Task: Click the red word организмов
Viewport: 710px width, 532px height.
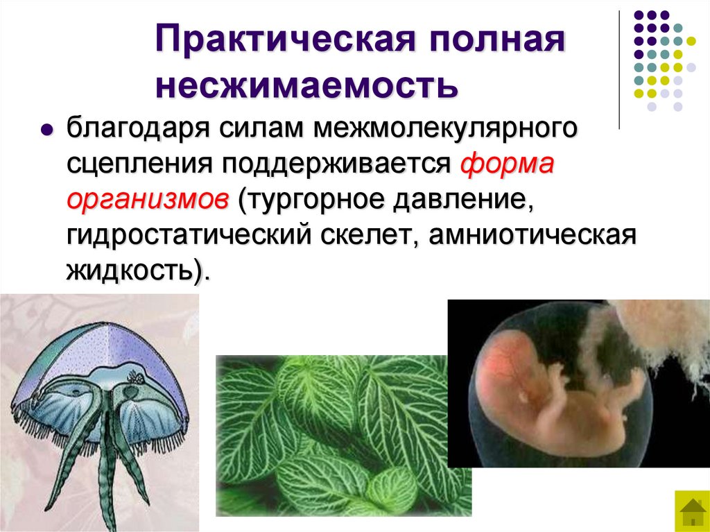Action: [148, 201]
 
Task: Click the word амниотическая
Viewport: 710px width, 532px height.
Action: [532, 236]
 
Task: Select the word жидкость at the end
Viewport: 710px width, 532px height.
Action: [129, 271]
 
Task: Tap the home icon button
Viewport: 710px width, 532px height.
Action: [691, 511]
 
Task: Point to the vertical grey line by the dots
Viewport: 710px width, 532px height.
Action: [619, 69]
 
